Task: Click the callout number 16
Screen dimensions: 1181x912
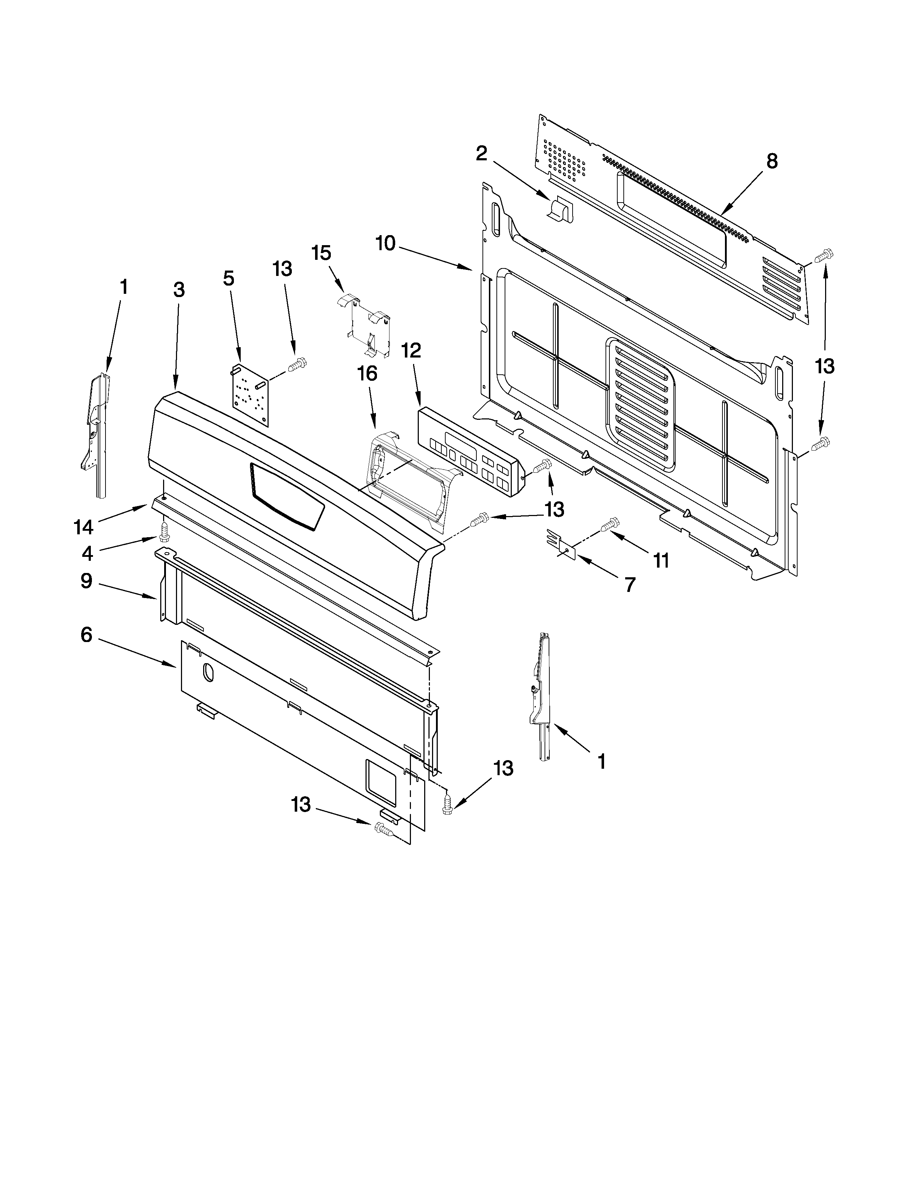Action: coord(367,373)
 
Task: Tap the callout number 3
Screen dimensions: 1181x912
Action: coord(179,290)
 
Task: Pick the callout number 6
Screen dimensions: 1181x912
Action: coord(87,635)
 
